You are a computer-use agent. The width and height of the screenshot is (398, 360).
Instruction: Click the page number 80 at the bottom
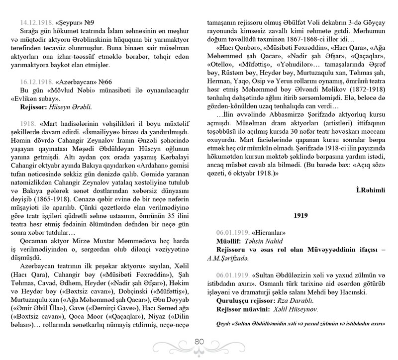click(x=199, y=342)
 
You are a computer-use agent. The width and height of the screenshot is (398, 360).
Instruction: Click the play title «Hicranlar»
click(x=269, y=232)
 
